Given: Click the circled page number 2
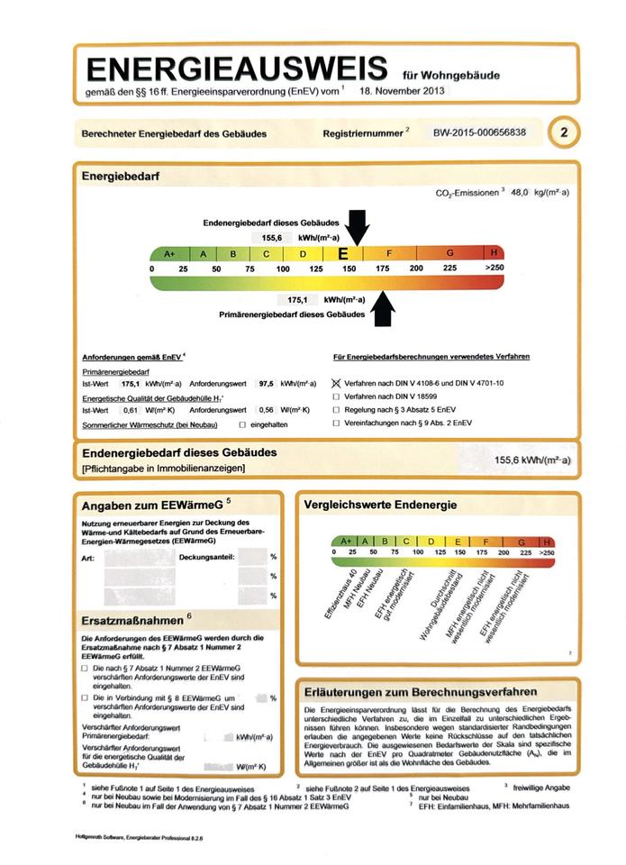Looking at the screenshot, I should point(564,132).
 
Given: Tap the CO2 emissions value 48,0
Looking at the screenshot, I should point(522,193).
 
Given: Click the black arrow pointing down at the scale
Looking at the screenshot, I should point(357,226).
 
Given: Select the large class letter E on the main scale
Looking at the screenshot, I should point(343,254).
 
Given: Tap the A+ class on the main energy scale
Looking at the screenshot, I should point(169,254).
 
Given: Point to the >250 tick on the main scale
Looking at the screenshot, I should point(494,269).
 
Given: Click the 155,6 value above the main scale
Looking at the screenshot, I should point(272,238).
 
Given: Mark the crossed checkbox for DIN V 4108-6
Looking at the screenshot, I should point(337,383).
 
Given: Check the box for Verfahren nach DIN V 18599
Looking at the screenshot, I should point(337,396).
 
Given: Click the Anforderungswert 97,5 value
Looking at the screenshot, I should point(267,383).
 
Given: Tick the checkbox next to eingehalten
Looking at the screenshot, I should point(241,423).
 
